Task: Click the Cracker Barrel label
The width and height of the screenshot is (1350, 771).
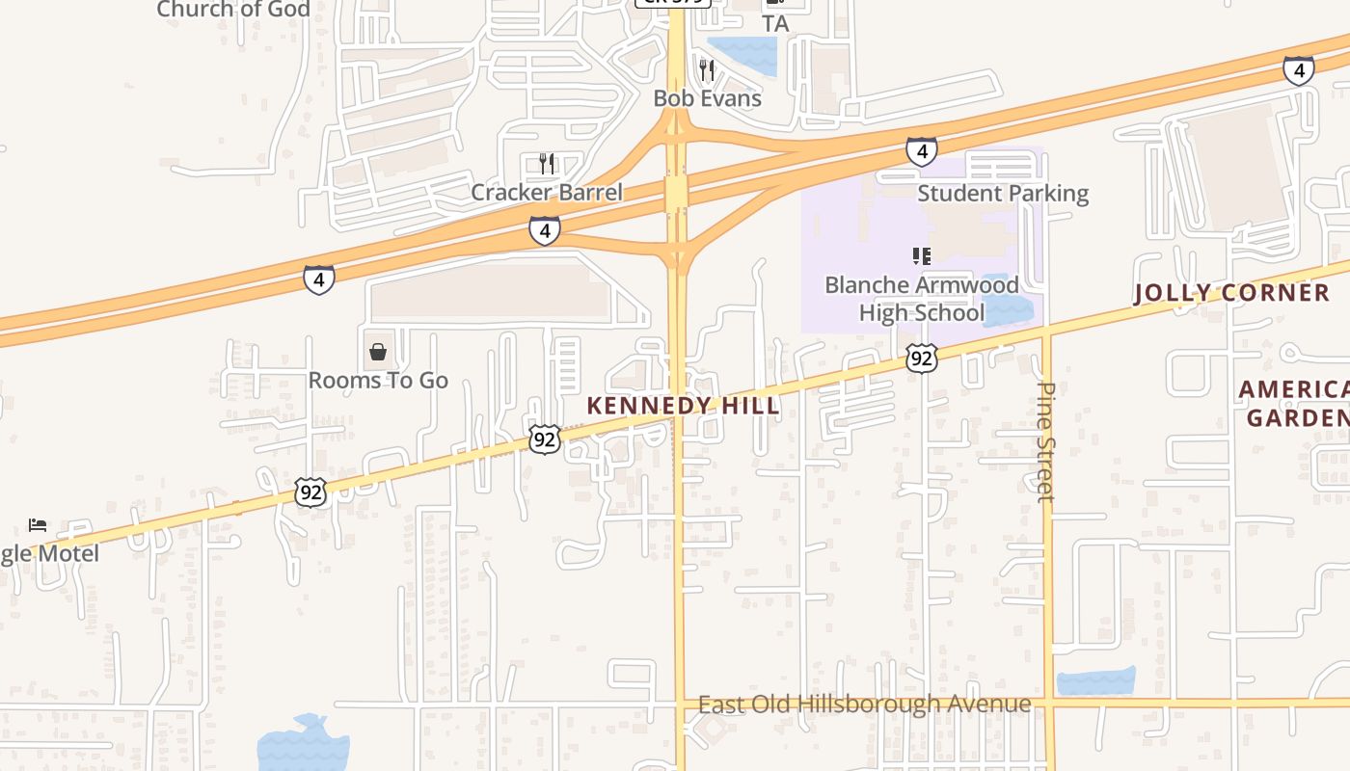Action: (547, 192)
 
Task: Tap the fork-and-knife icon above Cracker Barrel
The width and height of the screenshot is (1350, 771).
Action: (547, 163)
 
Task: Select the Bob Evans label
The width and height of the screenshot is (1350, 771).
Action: (707, 98)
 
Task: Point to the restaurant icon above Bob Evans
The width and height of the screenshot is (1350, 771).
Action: (707, 69)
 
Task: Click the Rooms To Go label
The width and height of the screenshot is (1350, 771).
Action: (378, 381)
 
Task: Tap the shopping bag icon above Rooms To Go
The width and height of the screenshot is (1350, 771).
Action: (378, 352)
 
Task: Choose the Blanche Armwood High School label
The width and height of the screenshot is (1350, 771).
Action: (922, 299)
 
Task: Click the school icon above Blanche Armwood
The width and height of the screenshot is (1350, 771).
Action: (922, 256)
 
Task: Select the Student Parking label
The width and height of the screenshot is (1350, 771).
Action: (1003, 193)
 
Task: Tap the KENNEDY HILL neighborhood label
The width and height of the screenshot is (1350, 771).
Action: (683, 406)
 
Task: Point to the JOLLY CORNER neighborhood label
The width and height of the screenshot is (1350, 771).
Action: (1231, 294)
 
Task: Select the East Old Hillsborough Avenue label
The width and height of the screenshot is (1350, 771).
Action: (864, 705)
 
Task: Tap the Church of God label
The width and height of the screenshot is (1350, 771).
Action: (233, 10)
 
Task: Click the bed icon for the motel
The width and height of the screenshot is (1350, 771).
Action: (38, 525)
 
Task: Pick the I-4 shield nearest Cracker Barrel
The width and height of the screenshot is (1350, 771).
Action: (544, 230)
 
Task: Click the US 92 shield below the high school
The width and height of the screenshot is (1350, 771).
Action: (922, 359)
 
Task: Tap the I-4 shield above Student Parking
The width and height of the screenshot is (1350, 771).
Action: (921, 151)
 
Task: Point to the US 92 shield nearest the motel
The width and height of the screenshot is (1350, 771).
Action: (310, 492)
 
